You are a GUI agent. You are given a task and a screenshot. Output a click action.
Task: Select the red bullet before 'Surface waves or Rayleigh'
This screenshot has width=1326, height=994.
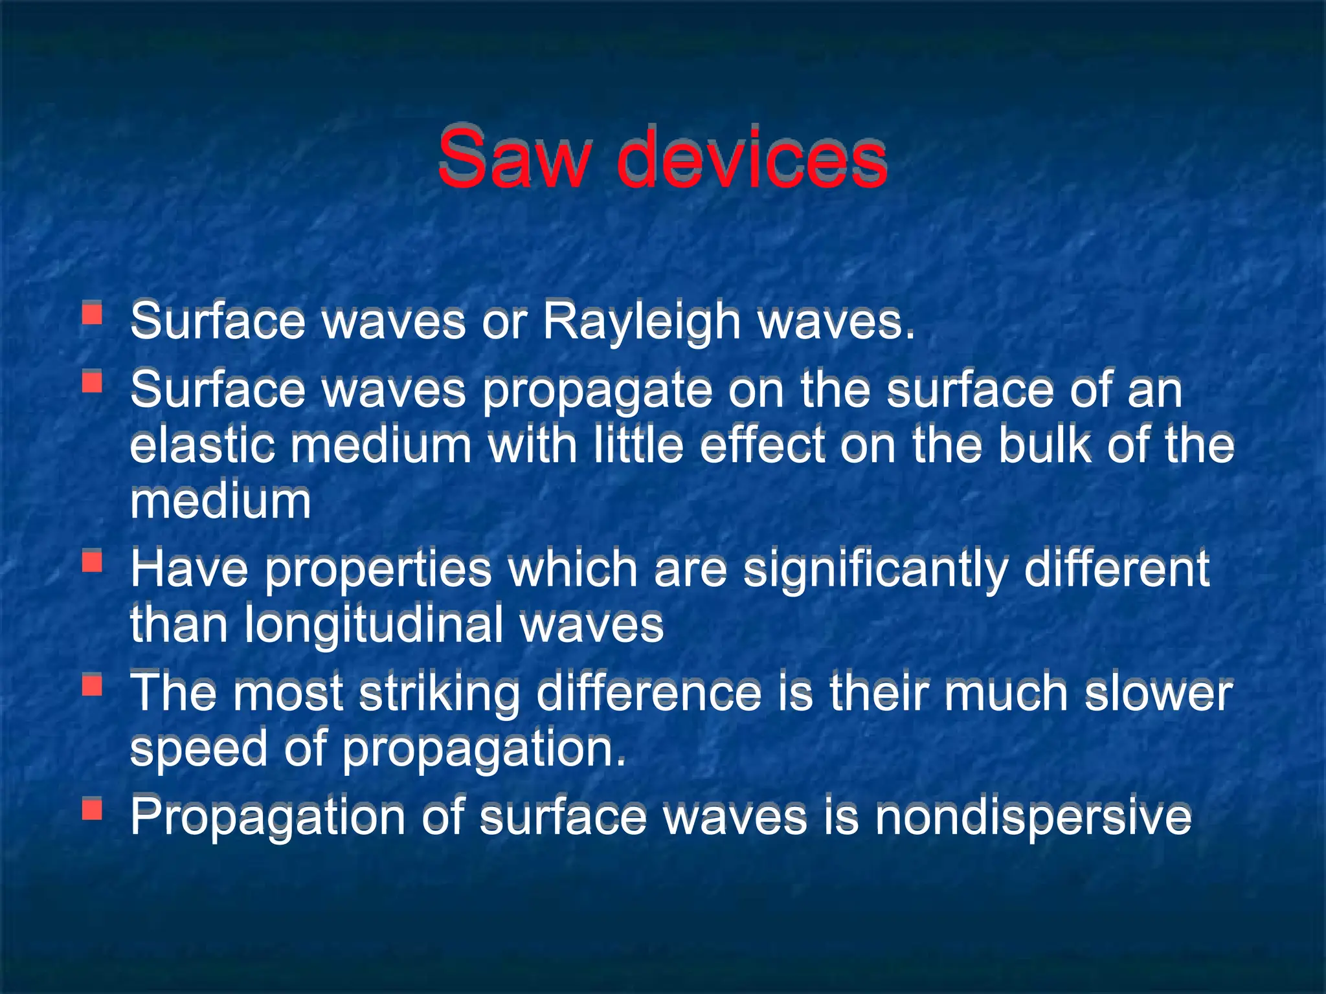click(93, 314)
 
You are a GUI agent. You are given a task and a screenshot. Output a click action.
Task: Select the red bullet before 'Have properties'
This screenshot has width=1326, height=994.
click(93, 561)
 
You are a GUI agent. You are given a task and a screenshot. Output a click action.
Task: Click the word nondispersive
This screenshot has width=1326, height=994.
click(1033, 817)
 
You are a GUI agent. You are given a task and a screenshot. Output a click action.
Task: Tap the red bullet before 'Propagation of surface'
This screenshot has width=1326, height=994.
click(93, 808)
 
